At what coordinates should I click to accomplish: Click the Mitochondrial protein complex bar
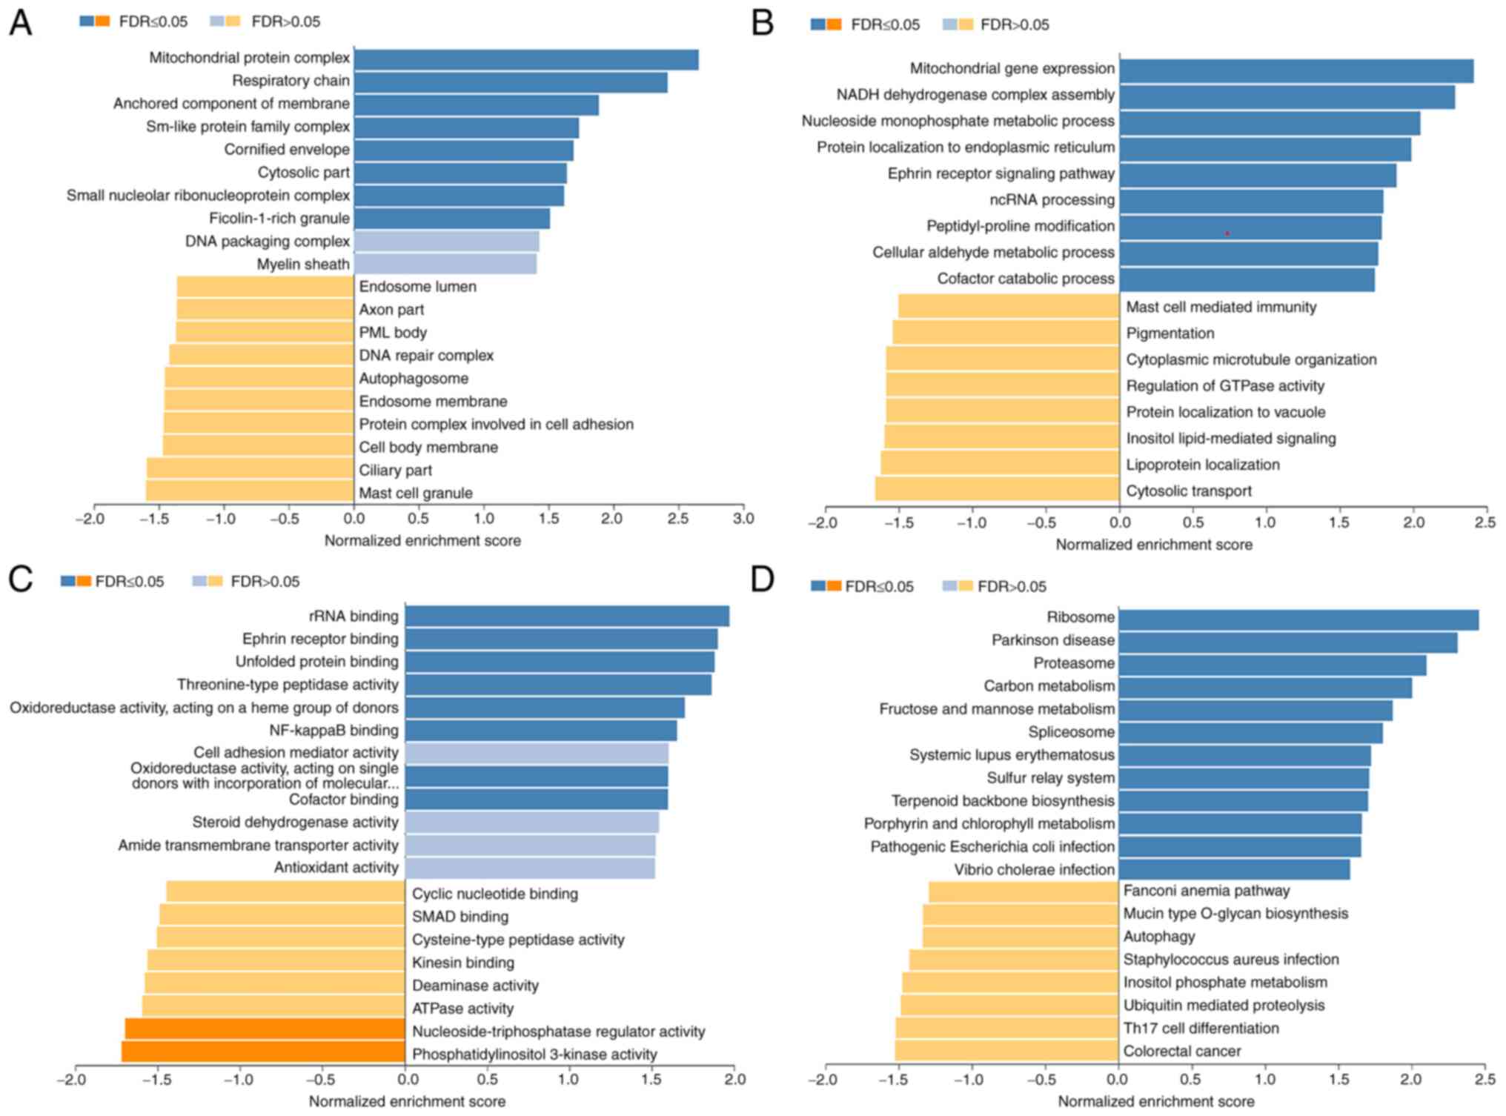tap(526, 60)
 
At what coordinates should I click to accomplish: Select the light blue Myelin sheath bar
tap(445, 264)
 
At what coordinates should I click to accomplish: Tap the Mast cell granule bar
tap(250, 491)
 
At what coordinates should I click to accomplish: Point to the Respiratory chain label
tap(291, 81)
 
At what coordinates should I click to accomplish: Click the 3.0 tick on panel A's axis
tap(743, 519)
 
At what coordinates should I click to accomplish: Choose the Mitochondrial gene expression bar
tap(1296, 71)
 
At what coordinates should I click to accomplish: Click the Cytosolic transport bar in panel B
tap(997, 489)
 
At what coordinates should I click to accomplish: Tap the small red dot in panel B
tap(1227, 233)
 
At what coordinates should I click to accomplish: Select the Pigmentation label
tap(1170, 333)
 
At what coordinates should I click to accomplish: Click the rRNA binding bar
tap(567, 616)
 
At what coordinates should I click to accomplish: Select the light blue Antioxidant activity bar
tap(530, 868)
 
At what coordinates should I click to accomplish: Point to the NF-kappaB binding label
tap(334, 731)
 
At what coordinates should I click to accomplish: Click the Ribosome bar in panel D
tap(1298, 620)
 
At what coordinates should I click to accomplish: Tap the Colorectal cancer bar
tap(1006, 1050)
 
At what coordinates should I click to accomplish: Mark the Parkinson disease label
tap(1052, 640)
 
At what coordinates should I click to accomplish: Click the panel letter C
tap(20, 579)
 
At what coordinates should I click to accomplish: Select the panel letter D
tap(762, 579)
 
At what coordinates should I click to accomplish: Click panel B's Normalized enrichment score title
tap(1153, 545)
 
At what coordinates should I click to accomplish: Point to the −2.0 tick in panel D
tap(823, 1080)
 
